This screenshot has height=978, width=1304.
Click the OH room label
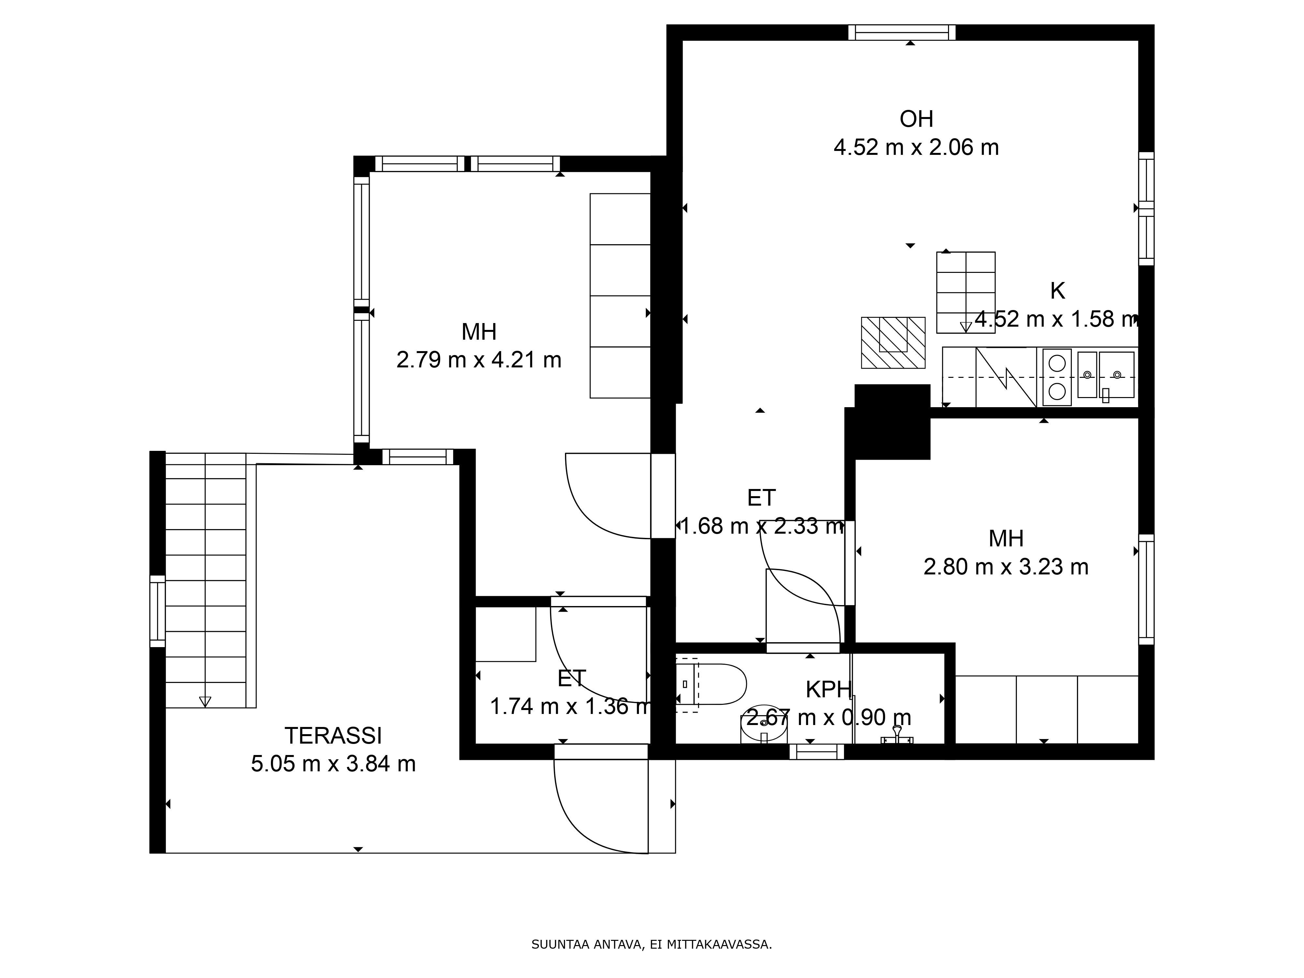916,119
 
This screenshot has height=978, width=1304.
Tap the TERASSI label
333,736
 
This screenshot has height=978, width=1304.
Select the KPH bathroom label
828,690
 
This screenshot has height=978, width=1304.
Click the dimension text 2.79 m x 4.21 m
479,360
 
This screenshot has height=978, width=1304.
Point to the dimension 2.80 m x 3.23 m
1006,567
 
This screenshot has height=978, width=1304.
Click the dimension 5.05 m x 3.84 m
333,764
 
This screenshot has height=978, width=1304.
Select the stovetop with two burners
1057,377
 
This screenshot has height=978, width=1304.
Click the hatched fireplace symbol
893,343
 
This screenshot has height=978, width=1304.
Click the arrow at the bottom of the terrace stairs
205,702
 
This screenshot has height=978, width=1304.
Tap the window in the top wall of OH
902,32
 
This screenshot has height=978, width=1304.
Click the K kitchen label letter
1058,291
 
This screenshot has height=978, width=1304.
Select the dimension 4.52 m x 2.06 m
916,147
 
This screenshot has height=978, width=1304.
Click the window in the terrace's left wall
157,611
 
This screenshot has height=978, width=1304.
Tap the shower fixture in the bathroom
896,736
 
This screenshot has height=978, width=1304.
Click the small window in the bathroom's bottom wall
817,752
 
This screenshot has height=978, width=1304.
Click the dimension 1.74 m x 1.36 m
570,706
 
